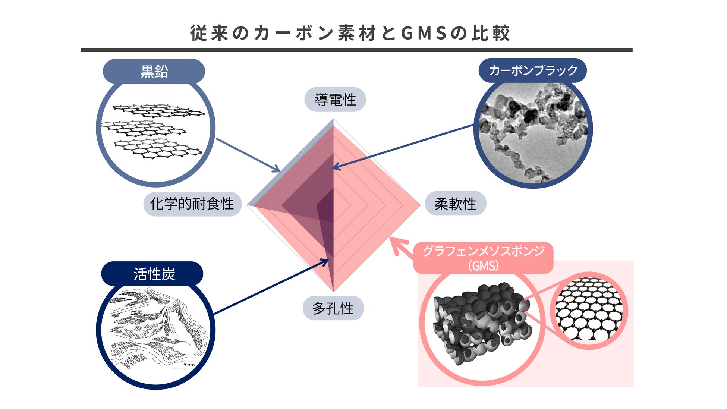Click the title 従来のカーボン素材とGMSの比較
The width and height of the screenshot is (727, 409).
click(x=350, y=33)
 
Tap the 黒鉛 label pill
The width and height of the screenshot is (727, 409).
click(x=154, y=71)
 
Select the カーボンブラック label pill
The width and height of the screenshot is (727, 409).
click(x=533, y=70)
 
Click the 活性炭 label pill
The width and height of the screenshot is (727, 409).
click(x=152, y=274)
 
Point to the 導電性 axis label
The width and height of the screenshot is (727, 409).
click(x=335, y=100)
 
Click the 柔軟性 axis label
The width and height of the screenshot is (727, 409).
click(x=455, y=204)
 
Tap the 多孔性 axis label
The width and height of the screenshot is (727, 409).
click(x=333, y=308)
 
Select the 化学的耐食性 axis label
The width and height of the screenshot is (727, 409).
click(x=192, y=204)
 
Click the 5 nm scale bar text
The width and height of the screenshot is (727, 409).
click(x=189, y=364)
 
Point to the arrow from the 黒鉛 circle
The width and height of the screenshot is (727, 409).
click(x=248, y=155)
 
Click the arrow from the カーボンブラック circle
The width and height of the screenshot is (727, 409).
click(x=403, y=146)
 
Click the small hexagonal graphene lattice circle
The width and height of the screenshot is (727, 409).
click(x=589, y=310)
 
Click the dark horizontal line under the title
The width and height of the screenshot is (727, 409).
click(x=356, y=50)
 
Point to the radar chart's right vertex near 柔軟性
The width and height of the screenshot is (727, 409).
click(x=420, y=204)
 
